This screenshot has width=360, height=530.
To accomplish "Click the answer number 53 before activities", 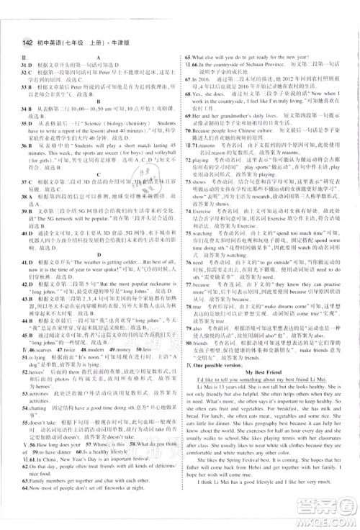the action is tap(24, 416).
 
